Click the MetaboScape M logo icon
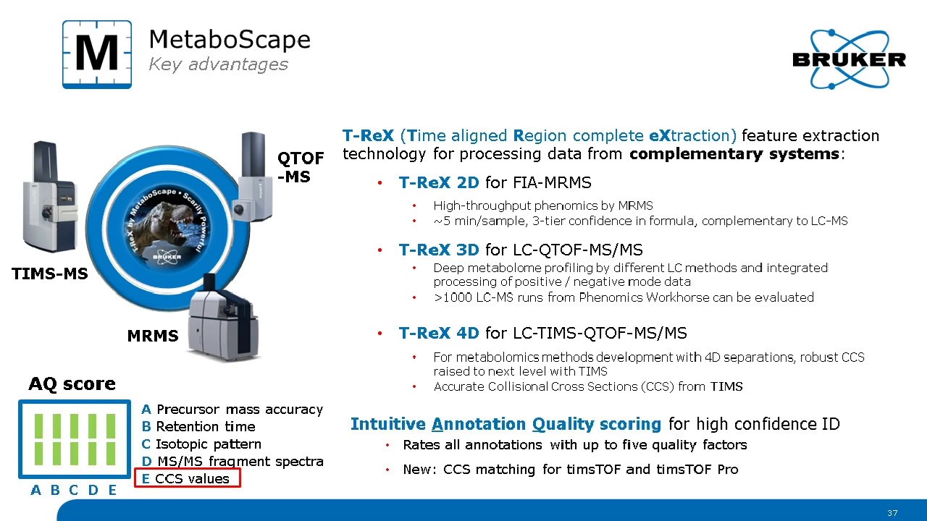(x=97, y=54)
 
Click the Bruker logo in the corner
(x=849, y=60)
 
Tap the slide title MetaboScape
(x=229, y=39)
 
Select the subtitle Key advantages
(x=218, y=64)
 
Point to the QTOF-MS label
(x=300, y=166)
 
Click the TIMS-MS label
(x=49, y=274)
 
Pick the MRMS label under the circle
(x=152, y=336)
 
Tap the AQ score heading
(x=72, y=384)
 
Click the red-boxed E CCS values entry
(x=187, y=478)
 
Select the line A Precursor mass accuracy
(x=232, y=410)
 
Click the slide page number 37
(x=892, y=513)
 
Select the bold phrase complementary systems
(x=734, y=154)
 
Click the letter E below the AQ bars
(x=112, y=491)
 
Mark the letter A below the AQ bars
(x=36, y=491)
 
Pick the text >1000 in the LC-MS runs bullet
(x=450, y=297)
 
